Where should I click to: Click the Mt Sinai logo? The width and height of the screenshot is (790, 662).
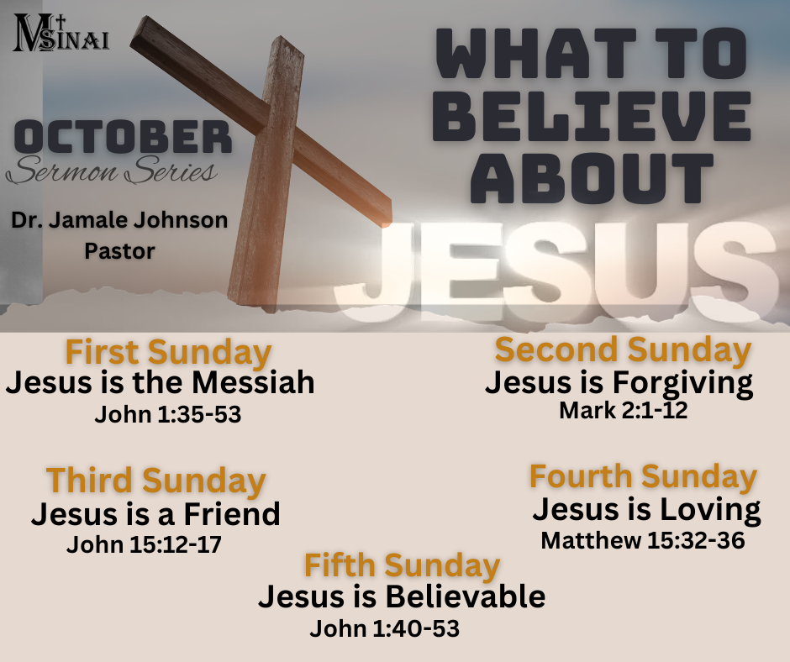pyautogui.click(x=61, y=34)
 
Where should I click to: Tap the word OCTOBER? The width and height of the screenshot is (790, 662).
pyautogui.click(x=123, y=137)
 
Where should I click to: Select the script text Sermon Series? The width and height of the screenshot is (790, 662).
pyautogui.click(x=112, y=171)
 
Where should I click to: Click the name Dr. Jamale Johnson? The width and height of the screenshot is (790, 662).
pyautogui.click(x=119, y=220)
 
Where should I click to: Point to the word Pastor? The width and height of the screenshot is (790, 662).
pyautogui.click(x=119, y=251)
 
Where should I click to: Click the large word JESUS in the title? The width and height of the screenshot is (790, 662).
pyautogui.click(x=556, y=272)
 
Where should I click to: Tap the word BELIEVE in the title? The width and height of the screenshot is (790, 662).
pyautogui.click(x=592, y=117)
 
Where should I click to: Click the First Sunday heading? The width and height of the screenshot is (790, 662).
pyautogui.click(x=168, y=353)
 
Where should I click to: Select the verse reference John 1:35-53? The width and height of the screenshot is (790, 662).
pyautogui.click(x=168, y=415)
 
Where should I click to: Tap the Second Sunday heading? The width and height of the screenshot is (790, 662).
pyautogui.click(x=624, y=350)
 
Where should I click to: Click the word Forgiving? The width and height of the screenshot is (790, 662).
pyautogui.click(x=682, y=384)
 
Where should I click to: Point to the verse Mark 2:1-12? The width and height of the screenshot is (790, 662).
pyautogui.click(x=624, y=410)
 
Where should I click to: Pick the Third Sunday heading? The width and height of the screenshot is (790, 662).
pyautogui.click(x=155, y=481)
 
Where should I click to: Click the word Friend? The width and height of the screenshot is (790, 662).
pyautogui.click(x=232, y=514)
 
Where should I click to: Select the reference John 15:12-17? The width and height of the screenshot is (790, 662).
pyautogui.click(x=144, y=544)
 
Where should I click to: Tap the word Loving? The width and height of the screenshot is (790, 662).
pyautogui.click(x=710, y=510)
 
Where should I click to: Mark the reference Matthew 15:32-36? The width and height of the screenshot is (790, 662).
pyautogui.click(x=643, y=540)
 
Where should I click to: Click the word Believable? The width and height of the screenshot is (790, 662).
pyautogui.click(x=466, y=596)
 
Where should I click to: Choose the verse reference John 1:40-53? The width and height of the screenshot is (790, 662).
pyautogui.click(x=384, y=628)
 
